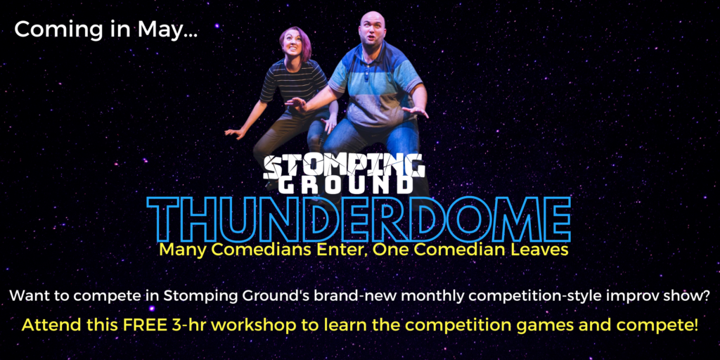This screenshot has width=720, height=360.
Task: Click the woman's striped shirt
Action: (x=294, y=83)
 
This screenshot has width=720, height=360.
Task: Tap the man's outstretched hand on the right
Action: (x=415, y=111)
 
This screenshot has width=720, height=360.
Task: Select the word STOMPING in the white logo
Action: (x=344, y=167)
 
